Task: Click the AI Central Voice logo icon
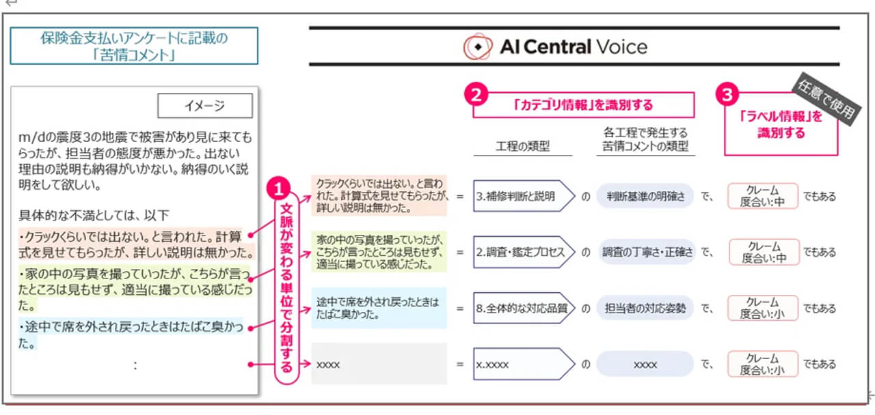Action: [x=477, y=47]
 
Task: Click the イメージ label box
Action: [x=205, y=106]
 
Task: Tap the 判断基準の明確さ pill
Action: [x=645, y=196]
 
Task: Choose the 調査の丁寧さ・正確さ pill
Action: [x=645, y=252]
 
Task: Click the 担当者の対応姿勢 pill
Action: [x=645, y=309]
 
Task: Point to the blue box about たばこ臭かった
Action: [x=378, y=308]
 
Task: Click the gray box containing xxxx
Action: [x=378, y=364]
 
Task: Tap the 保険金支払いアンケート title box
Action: [x=134, y=46]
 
